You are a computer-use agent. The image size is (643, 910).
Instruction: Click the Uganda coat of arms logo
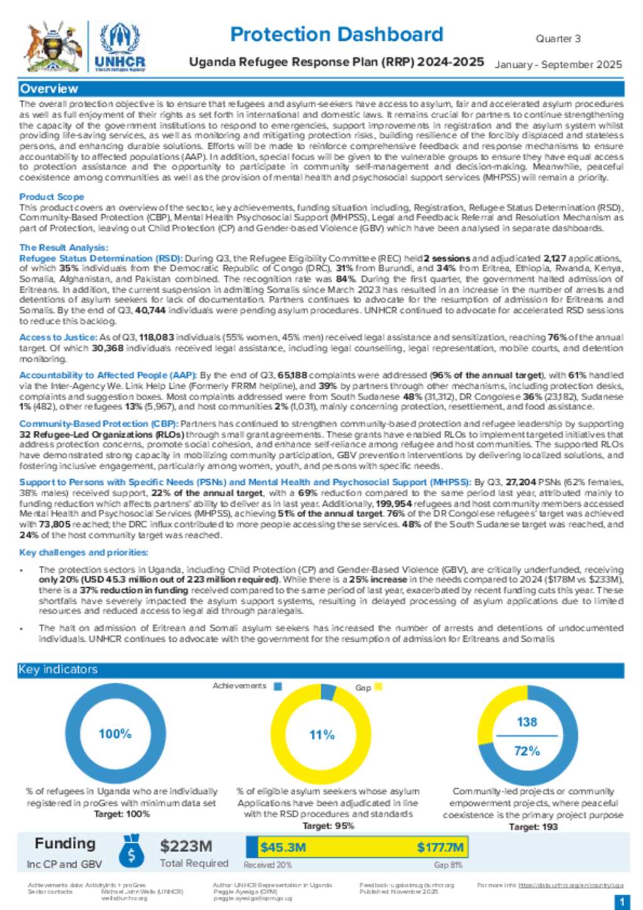tap(53, 48)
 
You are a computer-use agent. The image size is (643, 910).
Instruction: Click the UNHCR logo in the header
tap(119, 48)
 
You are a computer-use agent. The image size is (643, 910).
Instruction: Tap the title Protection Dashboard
tap(337, 34)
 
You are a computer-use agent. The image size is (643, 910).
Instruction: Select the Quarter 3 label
tap(558, 39)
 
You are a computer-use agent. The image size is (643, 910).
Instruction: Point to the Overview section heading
tap(49, 89)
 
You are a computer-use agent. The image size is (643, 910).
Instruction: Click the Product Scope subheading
tap(51, 197)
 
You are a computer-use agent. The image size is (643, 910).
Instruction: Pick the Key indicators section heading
tap(58, 669)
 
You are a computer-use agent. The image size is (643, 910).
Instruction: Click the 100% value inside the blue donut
tap(115, 734)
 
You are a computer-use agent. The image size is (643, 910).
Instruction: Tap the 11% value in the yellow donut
tap(321, 735)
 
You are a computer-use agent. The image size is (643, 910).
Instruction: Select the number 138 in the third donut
tap(527, 722)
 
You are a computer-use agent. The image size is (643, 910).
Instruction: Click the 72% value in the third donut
tap(527, 751)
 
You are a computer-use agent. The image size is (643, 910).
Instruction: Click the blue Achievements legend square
tap(278, 686)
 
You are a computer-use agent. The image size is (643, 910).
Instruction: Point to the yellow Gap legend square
tap(378, 687)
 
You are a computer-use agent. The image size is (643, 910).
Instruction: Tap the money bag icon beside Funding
tap(131, 851)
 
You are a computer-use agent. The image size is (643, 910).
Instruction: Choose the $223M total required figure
tap(186, 847)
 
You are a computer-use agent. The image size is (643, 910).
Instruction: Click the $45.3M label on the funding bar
tap(283, 847)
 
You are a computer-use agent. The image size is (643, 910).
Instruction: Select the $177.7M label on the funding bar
tap(440, 847)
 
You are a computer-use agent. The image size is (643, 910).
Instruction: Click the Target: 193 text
tap(533, 826)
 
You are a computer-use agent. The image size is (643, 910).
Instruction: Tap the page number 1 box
tap(622, 902)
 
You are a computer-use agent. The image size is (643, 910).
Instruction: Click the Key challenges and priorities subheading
tap(84, 553)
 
